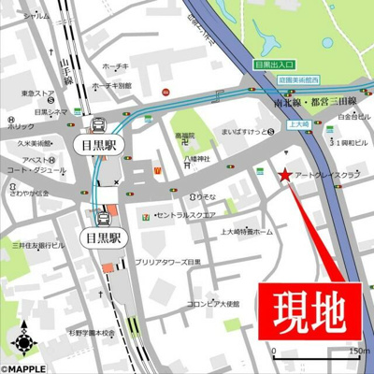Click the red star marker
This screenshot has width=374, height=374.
click(285, 174)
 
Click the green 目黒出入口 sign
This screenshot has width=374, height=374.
click(274, 65)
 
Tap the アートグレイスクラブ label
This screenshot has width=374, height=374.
click(326, 175)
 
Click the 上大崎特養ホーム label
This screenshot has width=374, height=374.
click(247, 231)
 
